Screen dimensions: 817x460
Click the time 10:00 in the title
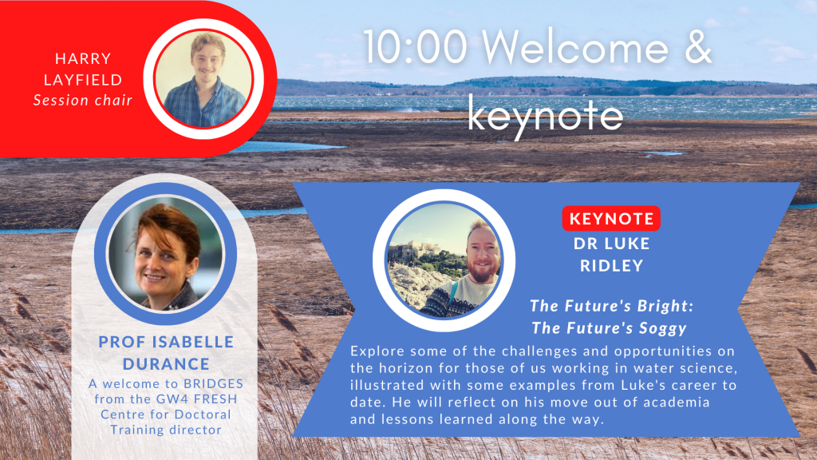(x=415, y=47)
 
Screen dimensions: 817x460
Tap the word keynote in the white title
(x=545, y=116)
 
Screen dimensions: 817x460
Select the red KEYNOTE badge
(x=611, y=219)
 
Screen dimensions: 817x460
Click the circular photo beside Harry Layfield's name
(x=203, y=79)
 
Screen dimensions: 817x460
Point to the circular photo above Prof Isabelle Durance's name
(x=166, y=254)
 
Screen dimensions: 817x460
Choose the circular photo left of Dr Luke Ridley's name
(x=444, y=260)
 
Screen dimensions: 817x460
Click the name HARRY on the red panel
(x=83, y=58)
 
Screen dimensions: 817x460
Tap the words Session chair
(x=83, y=100)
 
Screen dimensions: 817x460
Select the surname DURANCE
(x=166, y=363)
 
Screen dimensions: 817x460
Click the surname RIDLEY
(x=612, y=266)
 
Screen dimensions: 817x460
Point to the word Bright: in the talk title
(x=669, y=306)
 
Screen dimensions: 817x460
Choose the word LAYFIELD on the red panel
(x=83, y=80)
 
